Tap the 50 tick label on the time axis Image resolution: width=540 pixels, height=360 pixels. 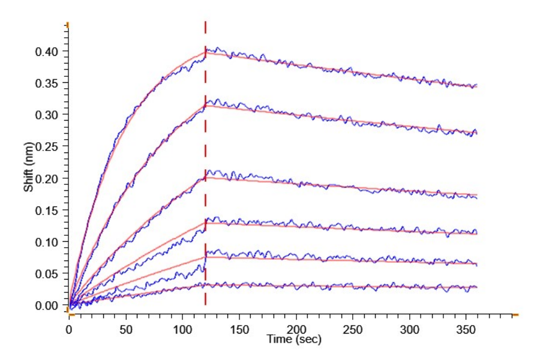click(125, 329)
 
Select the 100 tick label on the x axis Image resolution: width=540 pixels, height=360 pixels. click(182, 329)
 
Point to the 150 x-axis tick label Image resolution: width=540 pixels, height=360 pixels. click(239, 329)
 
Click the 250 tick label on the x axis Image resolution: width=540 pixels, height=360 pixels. click(353, 329)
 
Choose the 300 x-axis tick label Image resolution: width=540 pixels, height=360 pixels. click(410, 329)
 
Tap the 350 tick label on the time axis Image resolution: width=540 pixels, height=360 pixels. click(466, 329)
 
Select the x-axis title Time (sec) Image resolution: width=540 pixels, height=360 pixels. click(295, 340)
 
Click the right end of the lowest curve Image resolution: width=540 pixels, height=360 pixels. click(476, 287)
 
